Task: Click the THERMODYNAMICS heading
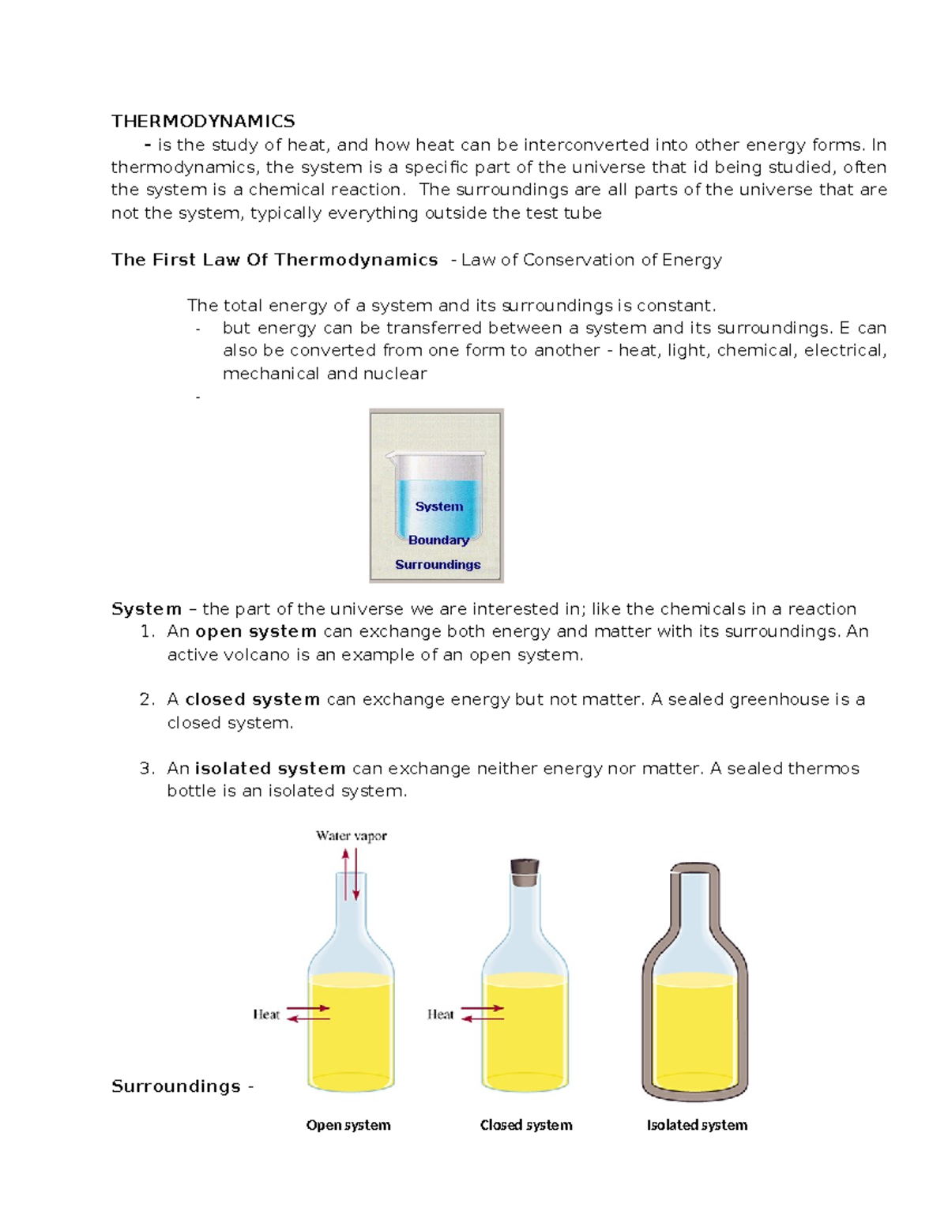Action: click(x=203, y=121)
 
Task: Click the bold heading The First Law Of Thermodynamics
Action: click(x=274, y=260)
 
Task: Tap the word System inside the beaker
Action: click(x=438, y=506)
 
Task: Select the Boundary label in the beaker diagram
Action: click(x=438, y=540)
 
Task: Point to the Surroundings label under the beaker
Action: click(x=438, y=564)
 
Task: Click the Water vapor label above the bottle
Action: click(x=351, y=836)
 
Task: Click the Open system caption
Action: click(x=348, y=1125)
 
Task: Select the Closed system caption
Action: click(x=526, y=1125)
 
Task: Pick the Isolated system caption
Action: click(x=697, y=1125)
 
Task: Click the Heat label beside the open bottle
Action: click(x=266, y=1014)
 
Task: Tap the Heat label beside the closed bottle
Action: click(x=440, y=1014)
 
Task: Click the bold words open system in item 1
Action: click(x=256, y=632)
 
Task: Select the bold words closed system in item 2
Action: click(x=252, y=700)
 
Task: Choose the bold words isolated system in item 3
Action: click(x=270, y=769)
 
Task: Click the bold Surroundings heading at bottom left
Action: click(x=176, y=1086)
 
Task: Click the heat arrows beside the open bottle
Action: click(x=308, y=1014)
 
